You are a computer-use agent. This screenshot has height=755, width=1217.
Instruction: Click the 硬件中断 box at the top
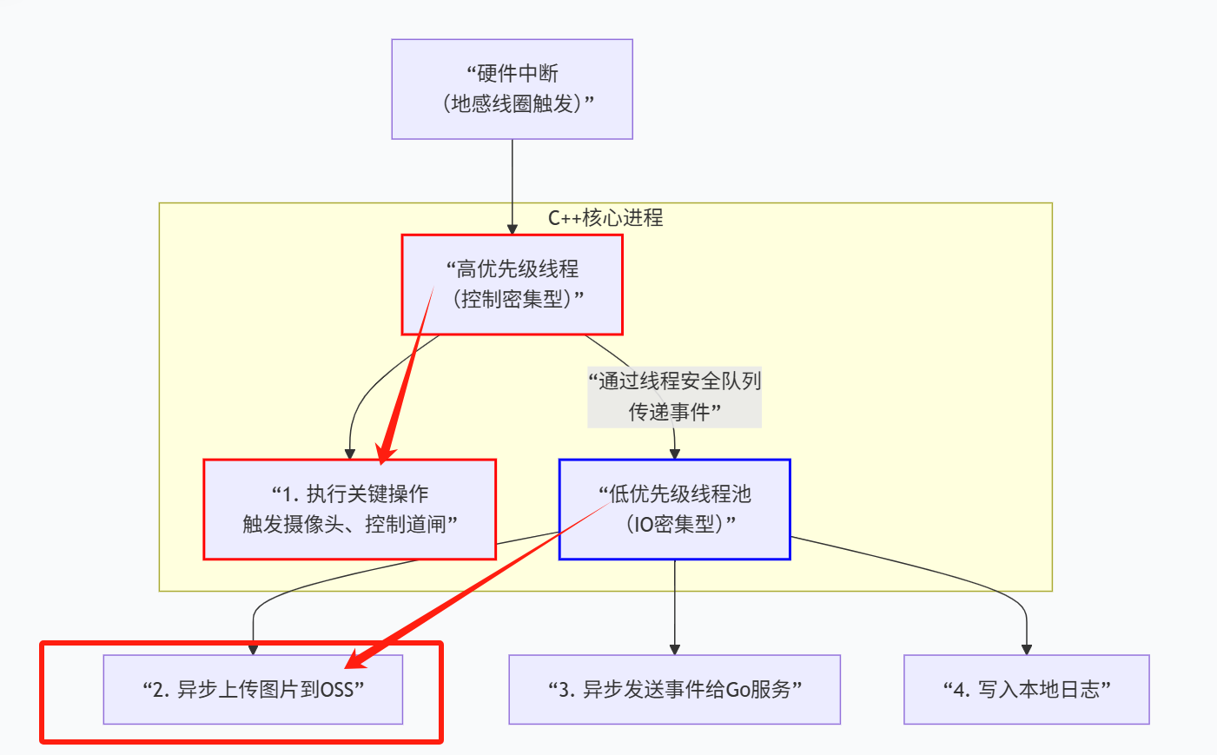coord(512,89)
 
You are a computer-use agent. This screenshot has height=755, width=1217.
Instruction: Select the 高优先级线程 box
coord(512,284)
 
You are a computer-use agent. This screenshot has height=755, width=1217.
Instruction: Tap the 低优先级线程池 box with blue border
coord(674,509)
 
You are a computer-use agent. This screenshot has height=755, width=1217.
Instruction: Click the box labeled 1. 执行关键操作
coord(349,509)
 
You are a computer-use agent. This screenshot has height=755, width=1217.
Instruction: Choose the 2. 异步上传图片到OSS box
coord(253,689)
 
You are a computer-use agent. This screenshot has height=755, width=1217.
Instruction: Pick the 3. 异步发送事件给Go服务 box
coord(674,689)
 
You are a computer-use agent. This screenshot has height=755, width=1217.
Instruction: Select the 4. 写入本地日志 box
coord(1026,689)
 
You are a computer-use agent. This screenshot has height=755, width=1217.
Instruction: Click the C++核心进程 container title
coord(605,218)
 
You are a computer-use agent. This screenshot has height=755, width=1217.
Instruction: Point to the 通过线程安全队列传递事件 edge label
coord(675,396)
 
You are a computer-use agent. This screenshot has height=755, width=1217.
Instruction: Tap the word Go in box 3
coord(737,690)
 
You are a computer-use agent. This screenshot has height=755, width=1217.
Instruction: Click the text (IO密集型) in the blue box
coord(675,524)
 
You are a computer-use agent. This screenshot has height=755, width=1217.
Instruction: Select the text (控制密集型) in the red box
coord(513,299)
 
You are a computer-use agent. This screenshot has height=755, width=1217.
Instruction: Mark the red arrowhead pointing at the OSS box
coord(358,659)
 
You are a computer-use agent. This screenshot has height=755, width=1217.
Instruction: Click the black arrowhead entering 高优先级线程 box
coord(513,229)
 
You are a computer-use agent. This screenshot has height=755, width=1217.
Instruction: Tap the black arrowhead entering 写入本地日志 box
coord(1027,649)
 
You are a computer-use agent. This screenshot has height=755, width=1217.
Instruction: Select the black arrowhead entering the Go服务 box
coord(675,649)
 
